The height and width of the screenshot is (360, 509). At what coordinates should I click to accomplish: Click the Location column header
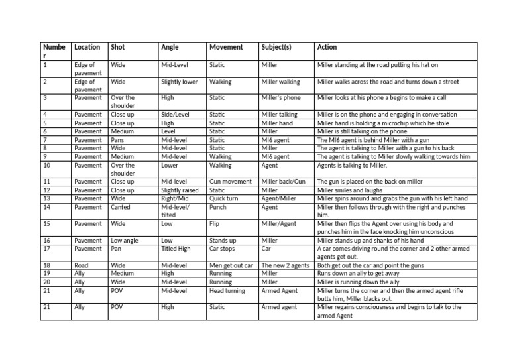coord(87,48)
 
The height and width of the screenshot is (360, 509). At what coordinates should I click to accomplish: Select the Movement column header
coord(226,48)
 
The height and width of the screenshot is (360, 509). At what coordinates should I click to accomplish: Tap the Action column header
coord(327,48)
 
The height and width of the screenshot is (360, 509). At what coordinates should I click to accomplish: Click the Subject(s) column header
coord(276,48)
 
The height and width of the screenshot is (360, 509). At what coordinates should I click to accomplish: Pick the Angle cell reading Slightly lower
coord(179,82)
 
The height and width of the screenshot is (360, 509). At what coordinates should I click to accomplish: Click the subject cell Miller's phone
coord(281,98)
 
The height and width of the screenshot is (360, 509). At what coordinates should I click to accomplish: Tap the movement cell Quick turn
coord(226,198)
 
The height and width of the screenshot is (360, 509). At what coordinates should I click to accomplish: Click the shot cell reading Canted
coord(121,207)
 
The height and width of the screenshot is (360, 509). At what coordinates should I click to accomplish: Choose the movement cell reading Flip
coord(215,224)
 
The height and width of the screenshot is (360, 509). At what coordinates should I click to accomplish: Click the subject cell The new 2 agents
coord(286,266)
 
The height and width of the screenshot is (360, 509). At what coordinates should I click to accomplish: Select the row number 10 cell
coord(46,166)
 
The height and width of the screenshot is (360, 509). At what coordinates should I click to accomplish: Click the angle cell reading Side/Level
coord(175,115)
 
